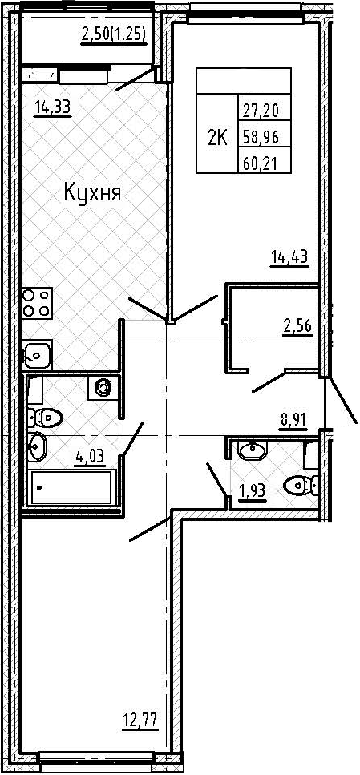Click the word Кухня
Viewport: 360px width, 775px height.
coord(92,193)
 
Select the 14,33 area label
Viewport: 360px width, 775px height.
coord(53,107)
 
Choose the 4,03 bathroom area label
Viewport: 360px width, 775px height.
coord(90,455)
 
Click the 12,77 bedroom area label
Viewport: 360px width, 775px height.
coord(140,720)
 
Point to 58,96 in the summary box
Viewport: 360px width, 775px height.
coord(260,139)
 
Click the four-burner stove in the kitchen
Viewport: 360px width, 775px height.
coord(37,303)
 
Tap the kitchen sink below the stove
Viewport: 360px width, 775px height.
coord(37,354)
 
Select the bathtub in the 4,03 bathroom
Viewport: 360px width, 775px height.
coord(71,487)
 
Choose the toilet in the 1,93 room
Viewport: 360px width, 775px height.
coord(301,485)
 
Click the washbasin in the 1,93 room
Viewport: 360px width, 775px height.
coord(253,450)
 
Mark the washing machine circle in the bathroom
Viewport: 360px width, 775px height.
coord(103,388)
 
